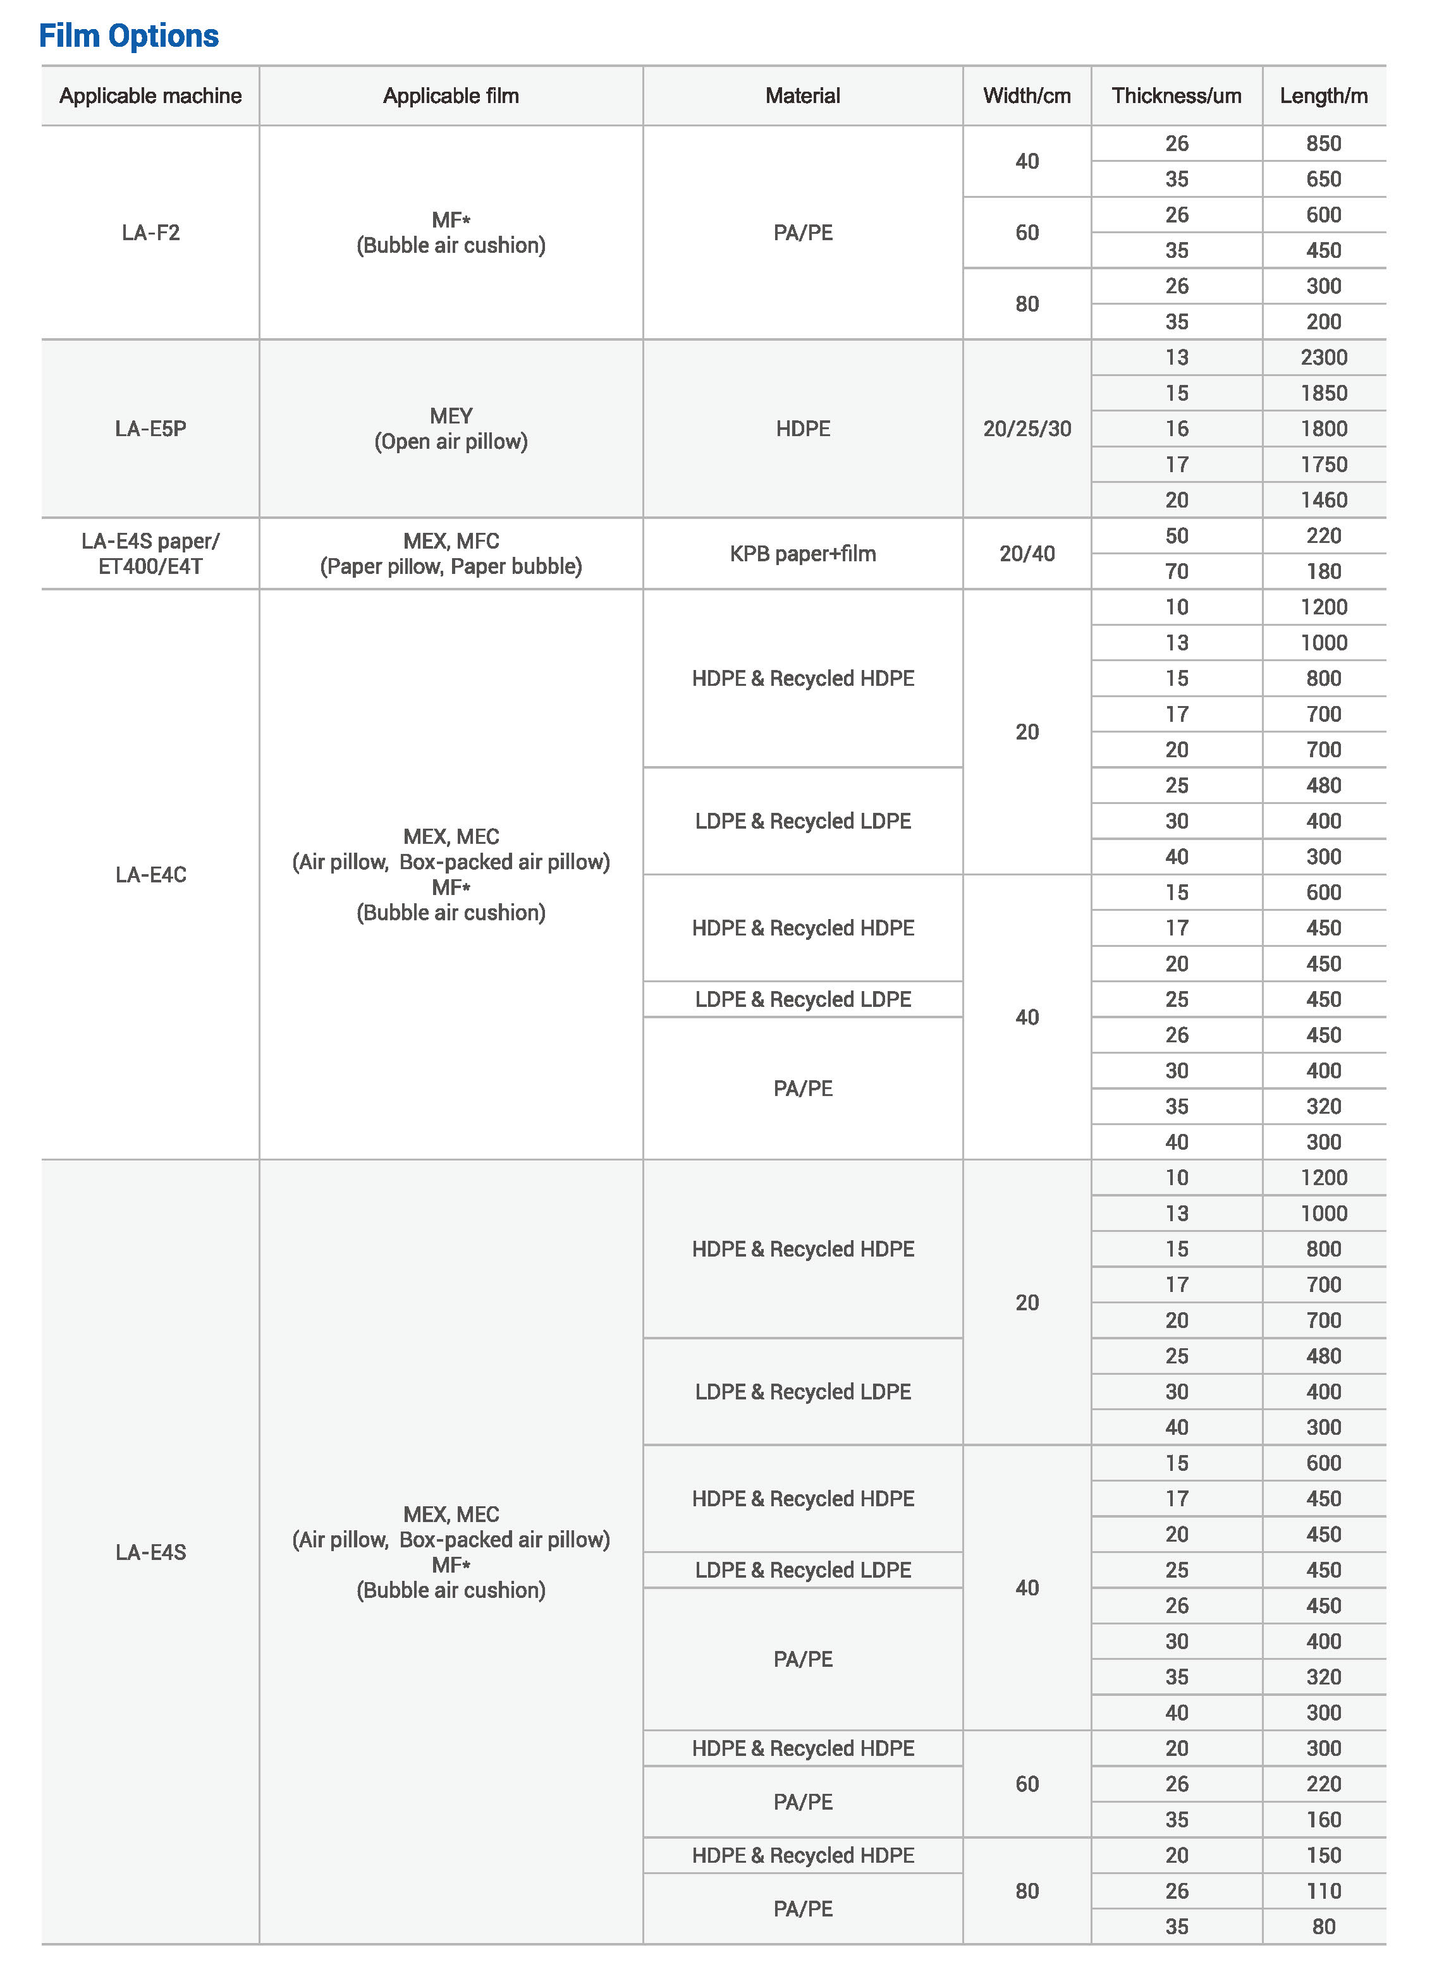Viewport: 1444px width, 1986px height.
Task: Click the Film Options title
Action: coord(129,36)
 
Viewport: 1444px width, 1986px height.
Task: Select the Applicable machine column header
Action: coord(150,96)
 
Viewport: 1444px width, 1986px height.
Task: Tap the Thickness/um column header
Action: coord(1176,96)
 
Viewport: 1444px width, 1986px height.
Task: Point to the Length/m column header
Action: coord(1323,96)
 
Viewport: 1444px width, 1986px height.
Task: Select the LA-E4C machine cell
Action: coord(150,875)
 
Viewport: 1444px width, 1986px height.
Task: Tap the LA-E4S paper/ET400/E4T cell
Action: coord(150,554)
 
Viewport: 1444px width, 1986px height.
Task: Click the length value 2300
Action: coord(1323,357)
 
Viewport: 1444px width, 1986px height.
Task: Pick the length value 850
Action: coord(1323,143)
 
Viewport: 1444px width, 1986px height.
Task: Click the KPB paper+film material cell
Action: coord(802,554)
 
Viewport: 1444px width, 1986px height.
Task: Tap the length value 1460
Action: coord(1323,500)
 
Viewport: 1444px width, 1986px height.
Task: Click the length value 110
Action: coord(1323,1891)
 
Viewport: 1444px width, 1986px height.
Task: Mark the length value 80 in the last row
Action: coord(1323,1927)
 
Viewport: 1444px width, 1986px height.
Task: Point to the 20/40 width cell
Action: coord(1026,554)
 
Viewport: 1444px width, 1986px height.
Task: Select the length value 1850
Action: coord(1323,393)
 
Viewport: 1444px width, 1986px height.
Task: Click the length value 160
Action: coord(1323,1820)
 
